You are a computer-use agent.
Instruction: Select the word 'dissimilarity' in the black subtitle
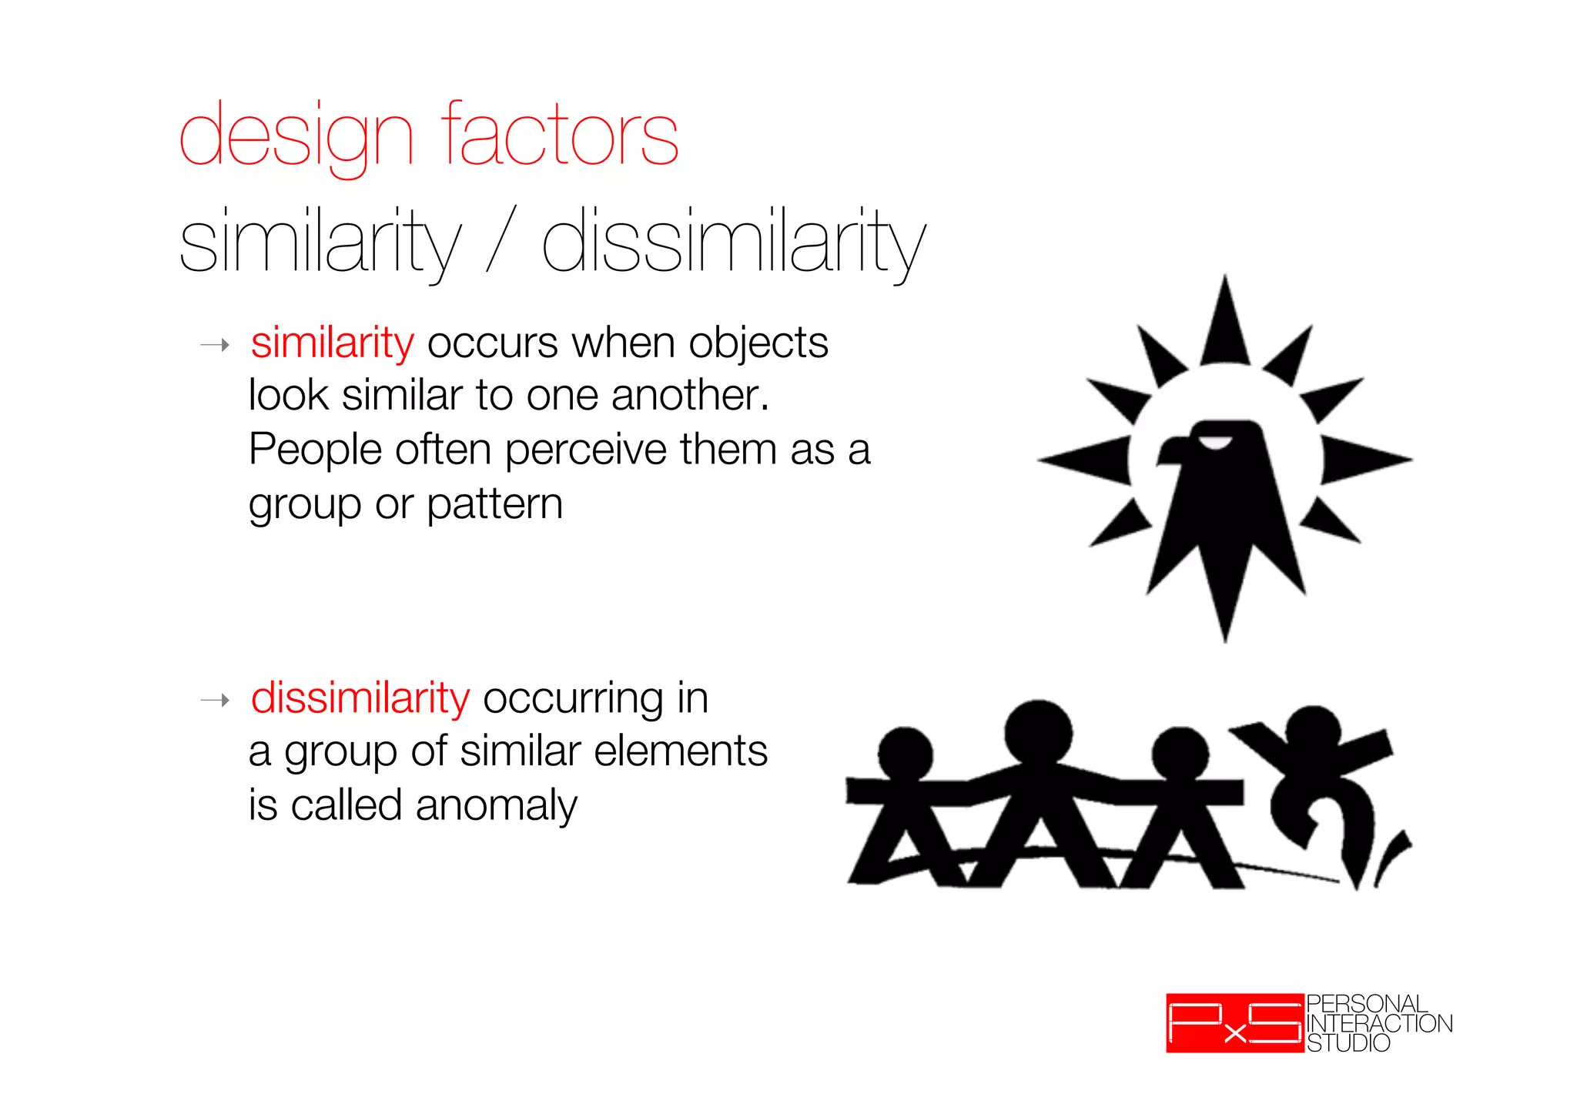coord(733,243)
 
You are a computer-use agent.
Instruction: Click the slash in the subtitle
coord(501,240)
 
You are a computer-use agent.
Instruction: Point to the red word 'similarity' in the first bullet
coord(332,343)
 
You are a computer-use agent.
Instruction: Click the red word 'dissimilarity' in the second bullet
coord(360,698)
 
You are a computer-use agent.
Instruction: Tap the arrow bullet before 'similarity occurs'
coord(215,345)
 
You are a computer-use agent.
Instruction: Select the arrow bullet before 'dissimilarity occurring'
coord(215,701)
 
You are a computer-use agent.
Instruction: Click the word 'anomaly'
coord(496,807)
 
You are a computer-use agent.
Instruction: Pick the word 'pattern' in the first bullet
coord(494,505)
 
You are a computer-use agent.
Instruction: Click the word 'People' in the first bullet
coord(315,450)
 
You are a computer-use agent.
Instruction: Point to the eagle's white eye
coord(1217,442)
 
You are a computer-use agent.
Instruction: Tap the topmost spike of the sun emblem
coord(1225,323)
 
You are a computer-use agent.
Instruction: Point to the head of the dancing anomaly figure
coord(1313,731)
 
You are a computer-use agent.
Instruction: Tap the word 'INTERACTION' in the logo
coord(1379,1023)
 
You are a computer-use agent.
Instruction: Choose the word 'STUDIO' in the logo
coord(1348,1043)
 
